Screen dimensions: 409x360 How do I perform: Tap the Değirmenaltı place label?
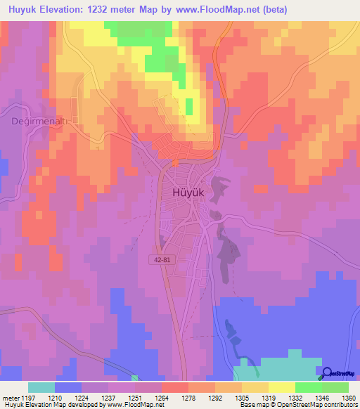(39, 121)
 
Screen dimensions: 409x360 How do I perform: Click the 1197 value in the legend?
(28, 398)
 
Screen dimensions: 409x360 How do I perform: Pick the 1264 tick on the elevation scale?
(161, 398)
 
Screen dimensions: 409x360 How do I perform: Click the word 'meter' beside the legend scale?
(10, 398)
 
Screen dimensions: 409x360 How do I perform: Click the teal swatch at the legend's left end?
(41, 387)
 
